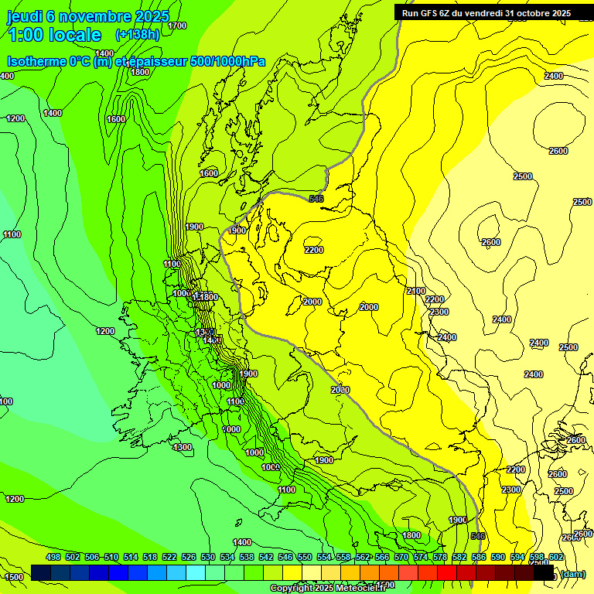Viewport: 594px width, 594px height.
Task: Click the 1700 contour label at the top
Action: [177, 26]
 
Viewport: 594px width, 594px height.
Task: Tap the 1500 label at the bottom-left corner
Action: [14, 577]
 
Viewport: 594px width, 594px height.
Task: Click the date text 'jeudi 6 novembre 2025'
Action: [89, 16]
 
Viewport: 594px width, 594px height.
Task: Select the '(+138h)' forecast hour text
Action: [137, 35]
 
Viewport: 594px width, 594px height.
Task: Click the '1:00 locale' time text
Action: [54, 35]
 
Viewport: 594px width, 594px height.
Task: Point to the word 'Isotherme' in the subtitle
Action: [36, 61]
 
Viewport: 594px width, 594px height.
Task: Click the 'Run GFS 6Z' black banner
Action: [486, 12]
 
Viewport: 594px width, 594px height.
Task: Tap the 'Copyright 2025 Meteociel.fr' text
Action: [328, 588]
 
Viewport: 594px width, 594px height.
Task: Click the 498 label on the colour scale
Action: [53, 557]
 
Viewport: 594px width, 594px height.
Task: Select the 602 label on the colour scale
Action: [556, 557]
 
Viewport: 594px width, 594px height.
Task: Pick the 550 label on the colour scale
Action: [305, 557]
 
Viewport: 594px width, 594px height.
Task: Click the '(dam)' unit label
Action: [572, 573]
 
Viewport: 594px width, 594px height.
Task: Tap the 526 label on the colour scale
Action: [189, 557]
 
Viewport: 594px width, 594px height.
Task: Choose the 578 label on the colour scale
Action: [440, 557]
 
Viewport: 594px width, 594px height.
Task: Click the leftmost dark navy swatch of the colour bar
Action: [41, 573]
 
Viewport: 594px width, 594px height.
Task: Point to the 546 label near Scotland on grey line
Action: [316, 199]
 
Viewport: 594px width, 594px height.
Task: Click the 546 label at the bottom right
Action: [477, 536]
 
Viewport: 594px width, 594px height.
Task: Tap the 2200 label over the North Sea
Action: [314, 250]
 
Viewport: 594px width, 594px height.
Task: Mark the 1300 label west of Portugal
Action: [183, 447]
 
